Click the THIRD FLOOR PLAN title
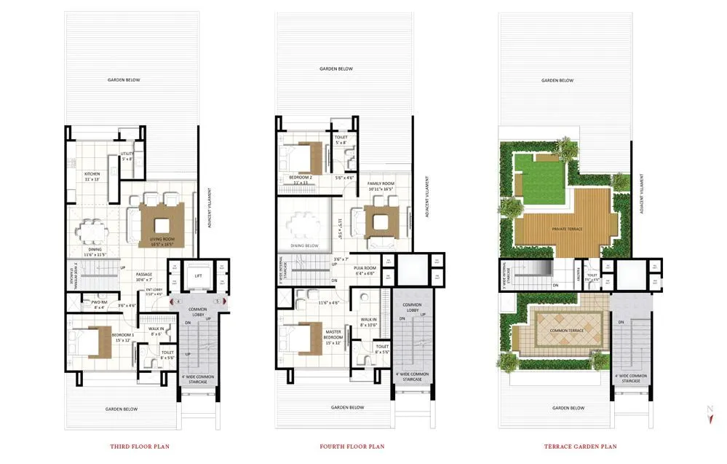click(139, 447)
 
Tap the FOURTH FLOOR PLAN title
click(352, 447)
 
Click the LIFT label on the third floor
click(197, 275)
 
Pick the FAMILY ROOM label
click(380, 186)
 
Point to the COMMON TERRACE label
click(559, 331)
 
